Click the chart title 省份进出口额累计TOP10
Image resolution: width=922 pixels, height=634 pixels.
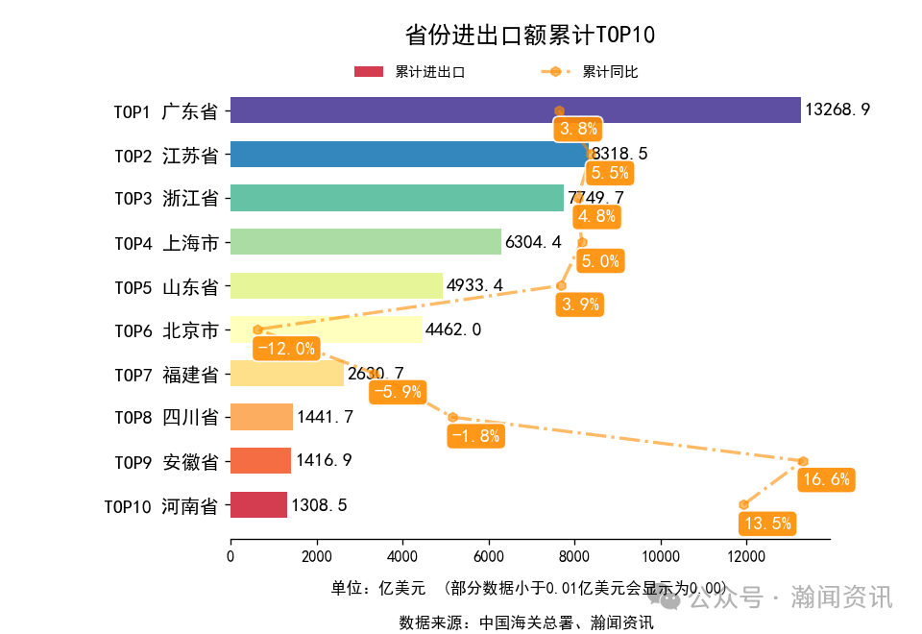pos(529,36)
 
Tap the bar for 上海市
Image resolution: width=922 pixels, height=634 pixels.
pos(365,242)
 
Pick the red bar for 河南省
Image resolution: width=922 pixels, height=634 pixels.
pos(258,505)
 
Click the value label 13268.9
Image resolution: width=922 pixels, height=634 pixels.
pos(837,110)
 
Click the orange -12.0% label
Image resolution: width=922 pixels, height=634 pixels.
pos(286,348)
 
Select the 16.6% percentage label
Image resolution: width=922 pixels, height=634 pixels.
pos(826,479)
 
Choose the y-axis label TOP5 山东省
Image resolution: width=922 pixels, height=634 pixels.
pos(166,287)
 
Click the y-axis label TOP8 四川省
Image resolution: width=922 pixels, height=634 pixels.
pos(166,418)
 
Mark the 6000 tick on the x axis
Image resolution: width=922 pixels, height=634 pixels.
pos(489,556)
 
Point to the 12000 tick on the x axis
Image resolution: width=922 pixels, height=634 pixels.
pos(746,556)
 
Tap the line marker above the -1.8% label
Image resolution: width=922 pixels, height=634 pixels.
pos(452,417)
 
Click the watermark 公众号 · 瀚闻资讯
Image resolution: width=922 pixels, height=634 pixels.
pos(790,597)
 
